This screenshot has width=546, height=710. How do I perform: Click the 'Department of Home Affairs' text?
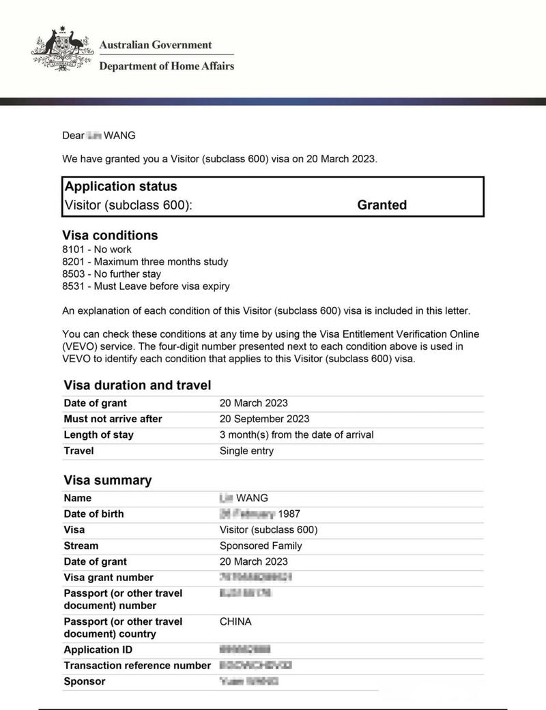[x=167, y=66]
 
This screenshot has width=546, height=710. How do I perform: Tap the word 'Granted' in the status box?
[x=382, y=205]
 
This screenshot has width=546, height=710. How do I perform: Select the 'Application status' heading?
[x=121, y=186]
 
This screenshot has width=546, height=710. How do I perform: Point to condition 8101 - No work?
[x=97, y=250]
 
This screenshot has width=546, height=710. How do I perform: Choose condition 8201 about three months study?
[x=145, y=262]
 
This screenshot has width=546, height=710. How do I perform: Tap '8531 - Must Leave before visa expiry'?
[x=145, y=286]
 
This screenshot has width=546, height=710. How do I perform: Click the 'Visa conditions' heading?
[x=110, y=235]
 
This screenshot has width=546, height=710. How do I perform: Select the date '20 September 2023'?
[x=264, y=419]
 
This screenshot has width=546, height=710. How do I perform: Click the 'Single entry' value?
[x=246, y=451]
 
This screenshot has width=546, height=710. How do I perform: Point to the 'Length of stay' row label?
[x=98, y=435]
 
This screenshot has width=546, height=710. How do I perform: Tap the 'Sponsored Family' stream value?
[x=261, y=546]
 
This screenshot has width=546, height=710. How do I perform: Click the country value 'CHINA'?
[x=235, y=622]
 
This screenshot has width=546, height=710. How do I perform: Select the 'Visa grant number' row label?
[x=109, y=578]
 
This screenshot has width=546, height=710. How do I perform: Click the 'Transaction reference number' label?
[x=137, y=666]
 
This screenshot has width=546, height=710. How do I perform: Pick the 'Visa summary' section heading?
[x=107, y=480]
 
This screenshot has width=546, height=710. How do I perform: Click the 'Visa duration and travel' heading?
[x=136, y=385]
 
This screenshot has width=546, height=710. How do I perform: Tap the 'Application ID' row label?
[x=98, y=650]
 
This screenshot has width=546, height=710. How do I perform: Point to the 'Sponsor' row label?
[x=85, y=681]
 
